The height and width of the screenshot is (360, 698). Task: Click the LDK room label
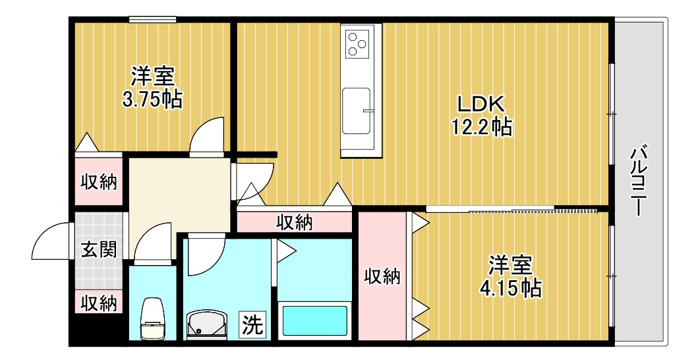481,104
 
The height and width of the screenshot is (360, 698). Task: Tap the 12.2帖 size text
481,126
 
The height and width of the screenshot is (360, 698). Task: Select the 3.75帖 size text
152,100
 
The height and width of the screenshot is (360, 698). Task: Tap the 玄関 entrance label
99,250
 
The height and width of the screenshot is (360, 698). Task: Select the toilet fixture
153,320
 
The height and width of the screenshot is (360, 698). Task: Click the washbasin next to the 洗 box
207,325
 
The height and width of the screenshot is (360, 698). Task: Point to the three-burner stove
360,43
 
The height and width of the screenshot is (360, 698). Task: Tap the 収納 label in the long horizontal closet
294,222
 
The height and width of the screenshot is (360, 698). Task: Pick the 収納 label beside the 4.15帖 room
383,277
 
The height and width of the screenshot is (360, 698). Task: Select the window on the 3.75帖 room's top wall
152,20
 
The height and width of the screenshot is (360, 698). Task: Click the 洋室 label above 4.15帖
511,265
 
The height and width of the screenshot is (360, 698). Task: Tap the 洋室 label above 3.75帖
152,76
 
